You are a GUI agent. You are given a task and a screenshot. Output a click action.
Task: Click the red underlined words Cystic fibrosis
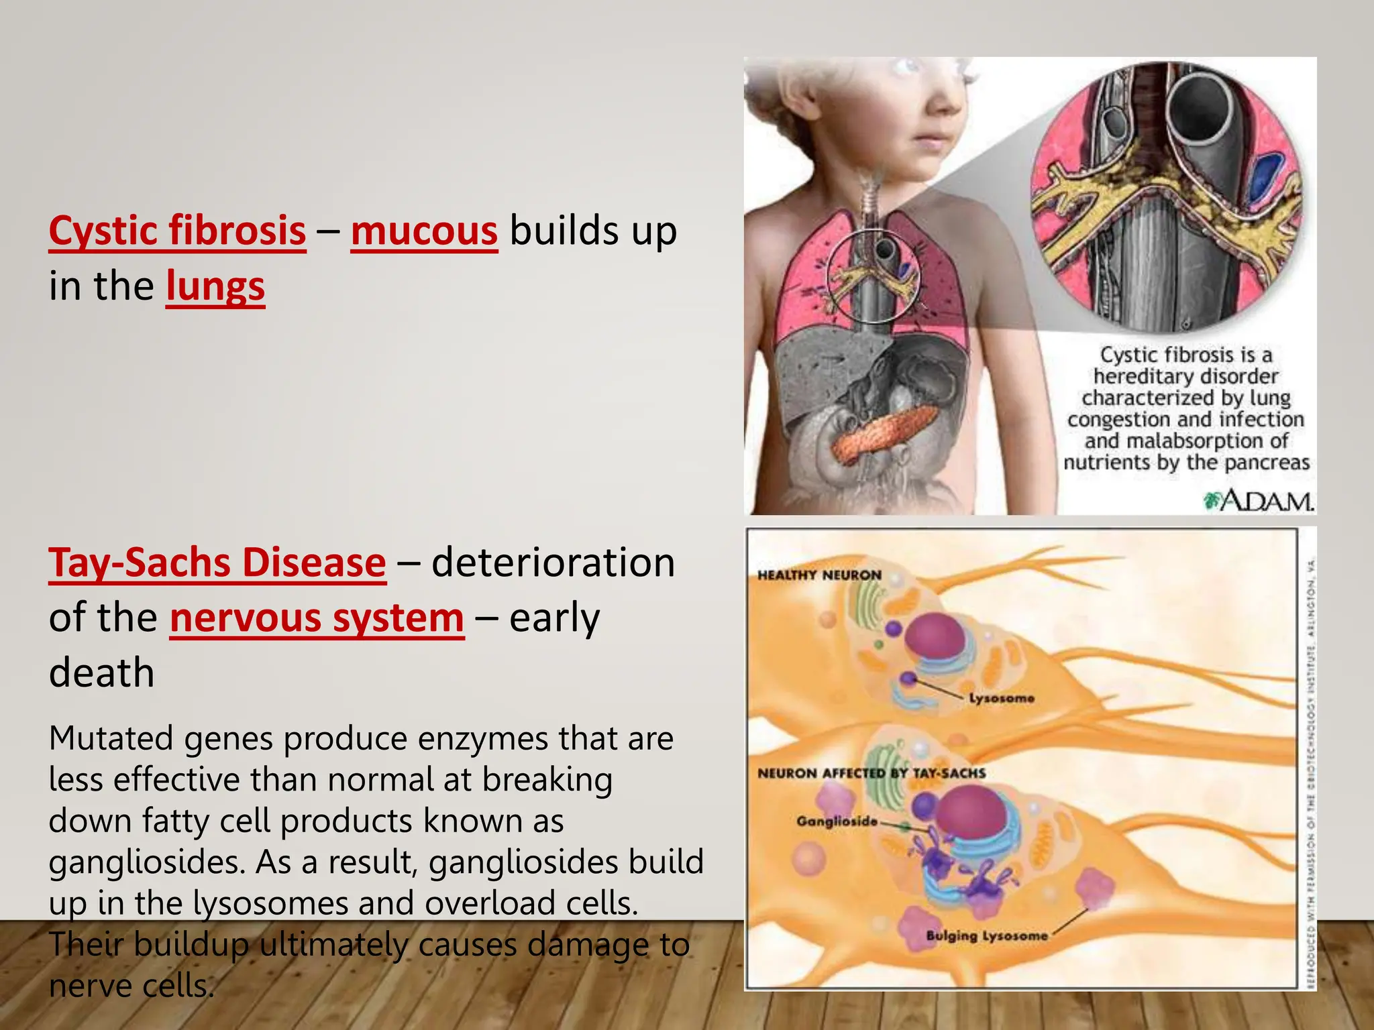(177, 231)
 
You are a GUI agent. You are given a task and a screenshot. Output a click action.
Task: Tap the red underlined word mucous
(424, 231)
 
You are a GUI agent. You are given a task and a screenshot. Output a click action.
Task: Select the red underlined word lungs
(215, 286)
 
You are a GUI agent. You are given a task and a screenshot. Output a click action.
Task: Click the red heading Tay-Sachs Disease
(217, 563)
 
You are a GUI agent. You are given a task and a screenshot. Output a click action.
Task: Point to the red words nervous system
(317, 618)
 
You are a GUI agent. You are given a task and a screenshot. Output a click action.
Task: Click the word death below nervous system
(102, 673)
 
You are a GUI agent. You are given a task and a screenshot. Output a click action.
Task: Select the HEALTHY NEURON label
(819, 575)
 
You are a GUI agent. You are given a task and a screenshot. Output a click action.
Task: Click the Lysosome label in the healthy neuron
(1001, 699)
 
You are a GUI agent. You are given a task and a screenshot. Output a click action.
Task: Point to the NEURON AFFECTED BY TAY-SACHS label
(871, 773)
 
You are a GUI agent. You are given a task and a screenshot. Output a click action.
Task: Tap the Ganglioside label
(837, 821)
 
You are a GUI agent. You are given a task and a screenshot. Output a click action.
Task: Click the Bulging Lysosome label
(986, 936)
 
